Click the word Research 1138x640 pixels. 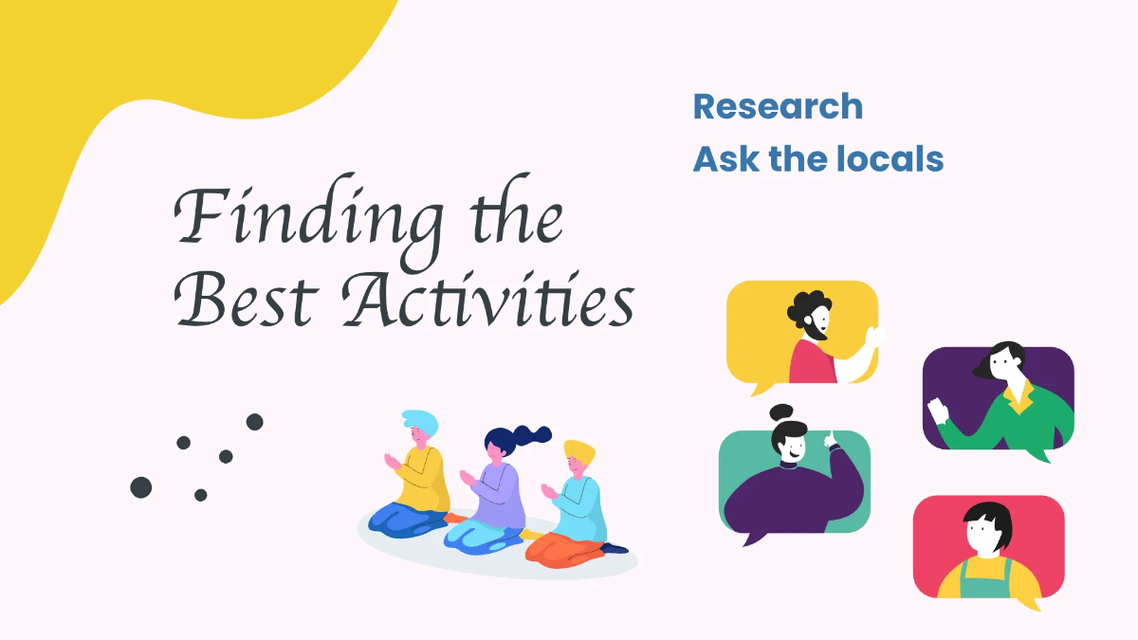778,106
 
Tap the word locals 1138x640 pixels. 890,159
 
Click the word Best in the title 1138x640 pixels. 247,299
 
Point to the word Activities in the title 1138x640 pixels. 488,299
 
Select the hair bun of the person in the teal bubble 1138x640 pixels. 781,411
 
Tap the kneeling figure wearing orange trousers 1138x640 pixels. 574,508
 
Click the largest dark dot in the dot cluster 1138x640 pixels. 141,487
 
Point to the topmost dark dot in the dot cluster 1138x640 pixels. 254,422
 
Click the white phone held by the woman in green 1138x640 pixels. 938,411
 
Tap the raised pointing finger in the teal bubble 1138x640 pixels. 830,438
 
